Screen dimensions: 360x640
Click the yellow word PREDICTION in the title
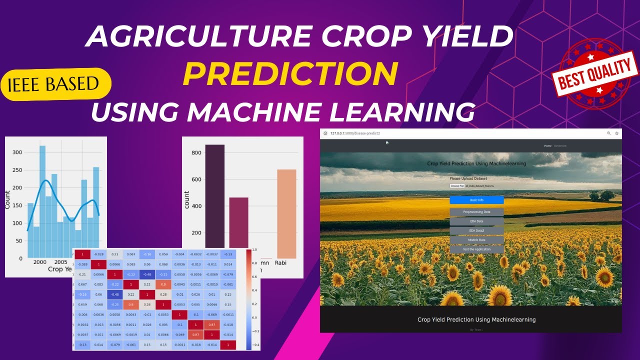290,74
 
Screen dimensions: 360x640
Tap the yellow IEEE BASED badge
53,84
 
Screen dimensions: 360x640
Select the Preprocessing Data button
476,212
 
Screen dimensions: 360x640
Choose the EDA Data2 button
476,230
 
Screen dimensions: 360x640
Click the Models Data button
476,240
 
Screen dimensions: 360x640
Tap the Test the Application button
476,249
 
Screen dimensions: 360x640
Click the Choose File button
457,186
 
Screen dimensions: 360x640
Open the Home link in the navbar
547,146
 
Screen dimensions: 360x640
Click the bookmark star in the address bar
616,133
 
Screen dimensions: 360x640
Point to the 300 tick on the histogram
17,152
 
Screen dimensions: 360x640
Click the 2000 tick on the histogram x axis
39,262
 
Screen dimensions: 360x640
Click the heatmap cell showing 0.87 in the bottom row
195,334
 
